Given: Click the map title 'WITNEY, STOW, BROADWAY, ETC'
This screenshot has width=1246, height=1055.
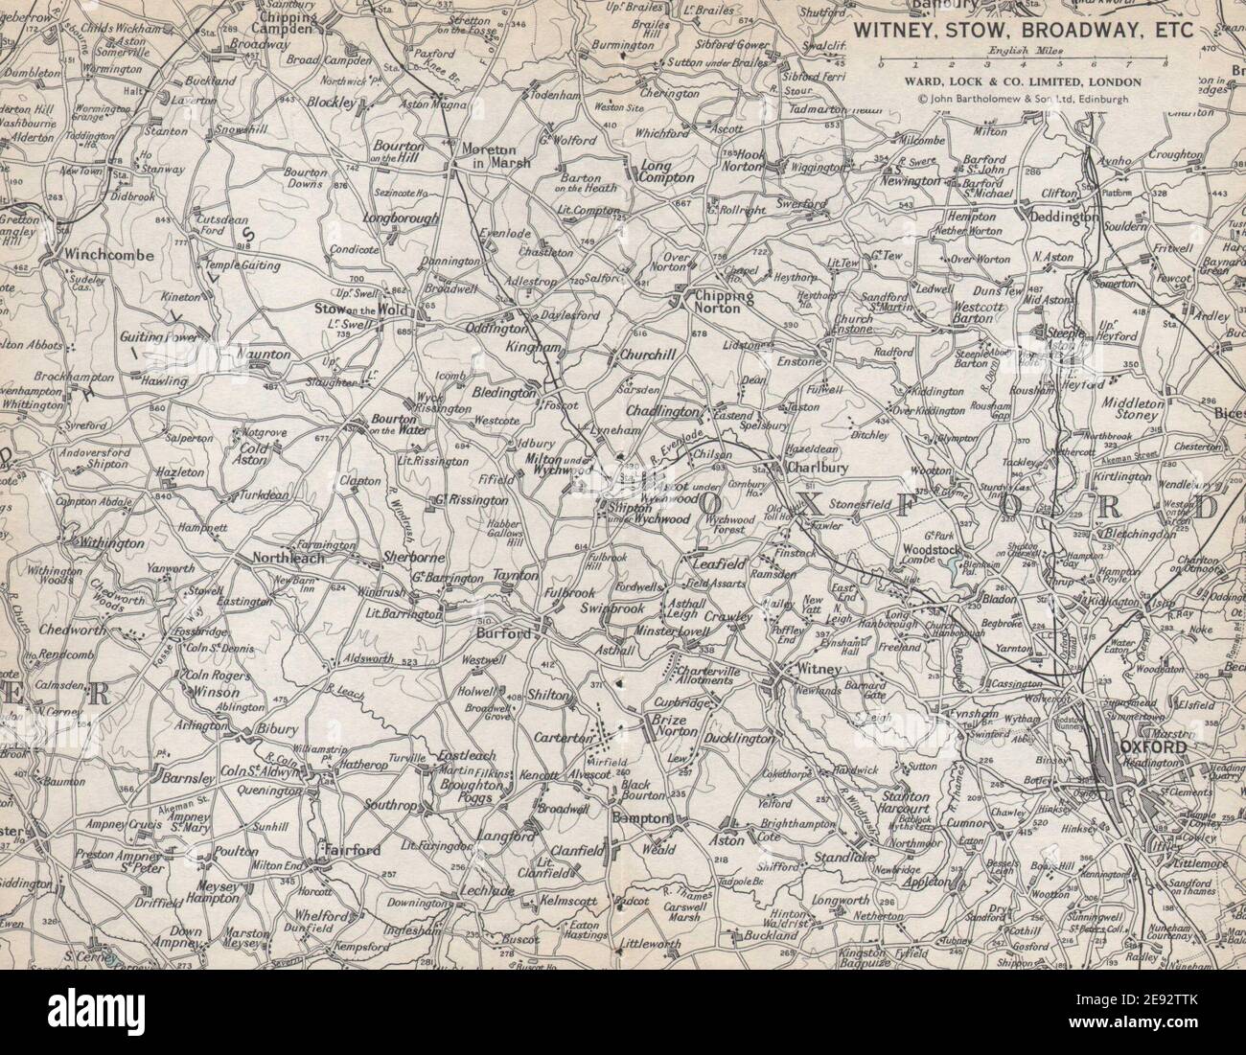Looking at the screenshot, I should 1023,30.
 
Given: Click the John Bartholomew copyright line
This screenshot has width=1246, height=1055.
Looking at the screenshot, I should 1023,98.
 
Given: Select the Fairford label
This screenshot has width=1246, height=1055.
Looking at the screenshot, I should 354,850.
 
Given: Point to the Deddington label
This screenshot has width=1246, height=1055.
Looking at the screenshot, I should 1063,218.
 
